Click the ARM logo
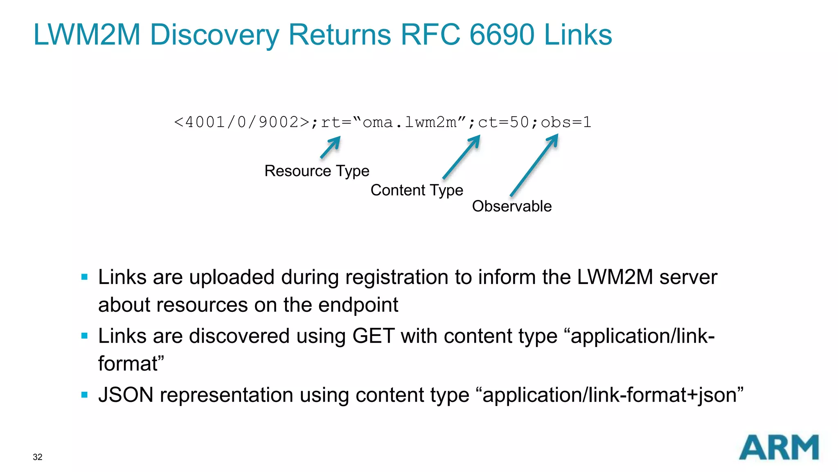(x=778, y=447)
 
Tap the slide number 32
(x=38, y=457)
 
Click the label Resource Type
(x=317, y=171)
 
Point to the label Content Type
(x=417, y=190)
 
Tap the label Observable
(x=511, y=206)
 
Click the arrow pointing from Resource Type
(x=330, y=147)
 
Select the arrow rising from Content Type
(x=462, y=157)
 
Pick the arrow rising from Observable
(x=534, y=166)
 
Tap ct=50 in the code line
(x=503, y=122)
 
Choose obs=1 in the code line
(x=566, y=122)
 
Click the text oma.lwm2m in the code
(x=409, y=122)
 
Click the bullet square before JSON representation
(x=85, y=395)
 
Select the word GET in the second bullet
(x=373, y=336)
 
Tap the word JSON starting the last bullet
(x=126, y=395)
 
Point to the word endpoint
(x=358, y=305)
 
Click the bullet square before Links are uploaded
(x=85, y=277)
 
